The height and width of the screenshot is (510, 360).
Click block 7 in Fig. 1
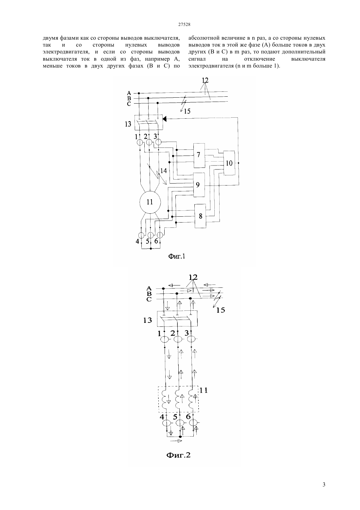tap(199, 155)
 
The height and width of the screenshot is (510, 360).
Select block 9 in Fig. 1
tap(199, 185)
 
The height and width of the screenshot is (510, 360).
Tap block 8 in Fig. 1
tap(200, 216)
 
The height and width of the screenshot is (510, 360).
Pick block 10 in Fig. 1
tap(229, 163)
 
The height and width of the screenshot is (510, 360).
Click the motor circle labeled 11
tap(150, 202)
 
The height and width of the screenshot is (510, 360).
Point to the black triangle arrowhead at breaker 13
tap(165, 119)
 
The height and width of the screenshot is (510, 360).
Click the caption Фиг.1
tap(177, 256)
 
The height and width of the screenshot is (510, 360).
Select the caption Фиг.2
tap(178, 455)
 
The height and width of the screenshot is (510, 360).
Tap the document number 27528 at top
tap(184, 25)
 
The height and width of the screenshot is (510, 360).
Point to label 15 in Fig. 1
tap(187, 111)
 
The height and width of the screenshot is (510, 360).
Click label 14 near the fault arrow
tap(163, 170)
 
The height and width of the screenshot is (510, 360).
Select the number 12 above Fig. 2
tap(193, 277)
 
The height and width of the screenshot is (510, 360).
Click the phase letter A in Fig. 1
tap(129, 93)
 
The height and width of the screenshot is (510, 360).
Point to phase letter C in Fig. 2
tap(149, 300)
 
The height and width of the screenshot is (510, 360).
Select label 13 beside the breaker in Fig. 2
tap(148, 320)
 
